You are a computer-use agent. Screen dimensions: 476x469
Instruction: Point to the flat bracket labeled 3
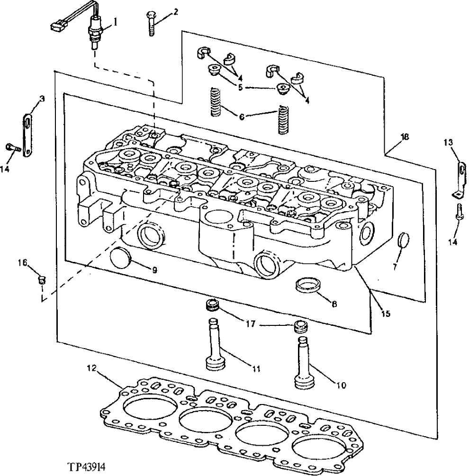coord(27,132)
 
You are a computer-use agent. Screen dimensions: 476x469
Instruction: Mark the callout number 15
coord(386,314)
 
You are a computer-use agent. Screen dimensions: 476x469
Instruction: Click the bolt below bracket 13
coord(459,213)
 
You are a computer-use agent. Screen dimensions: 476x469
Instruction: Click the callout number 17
coord(251,324)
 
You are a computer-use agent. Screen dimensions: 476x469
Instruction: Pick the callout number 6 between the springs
coord(243,117)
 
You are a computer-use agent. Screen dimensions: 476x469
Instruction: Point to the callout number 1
coord(115,21)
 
